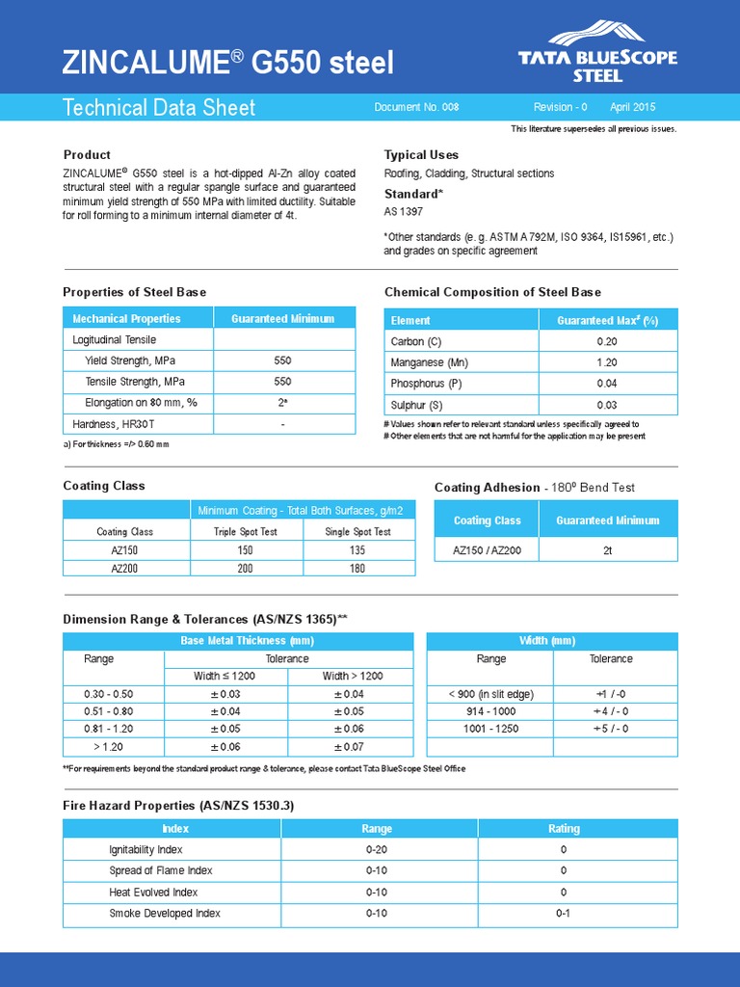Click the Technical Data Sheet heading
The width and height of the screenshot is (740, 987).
coord(159,107)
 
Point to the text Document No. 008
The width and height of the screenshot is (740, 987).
coord(416,107)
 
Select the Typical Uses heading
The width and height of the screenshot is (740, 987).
coord(421,154)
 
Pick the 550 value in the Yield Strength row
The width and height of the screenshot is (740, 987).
coord(282,360)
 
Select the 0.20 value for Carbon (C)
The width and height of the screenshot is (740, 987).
coord(607,341)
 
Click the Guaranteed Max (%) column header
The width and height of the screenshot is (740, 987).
coord(607,320)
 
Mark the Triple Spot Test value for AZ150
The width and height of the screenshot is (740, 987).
coord(245,549)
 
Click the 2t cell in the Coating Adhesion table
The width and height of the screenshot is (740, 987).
coord(607,550)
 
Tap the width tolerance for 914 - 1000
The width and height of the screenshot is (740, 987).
coord(611,711)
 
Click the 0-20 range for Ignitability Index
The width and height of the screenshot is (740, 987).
coord(377,849)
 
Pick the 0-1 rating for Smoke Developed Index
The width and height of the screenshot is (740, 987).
coord(564,913)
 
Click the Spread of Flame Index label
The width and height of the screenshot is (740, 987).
coord(160,870)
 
